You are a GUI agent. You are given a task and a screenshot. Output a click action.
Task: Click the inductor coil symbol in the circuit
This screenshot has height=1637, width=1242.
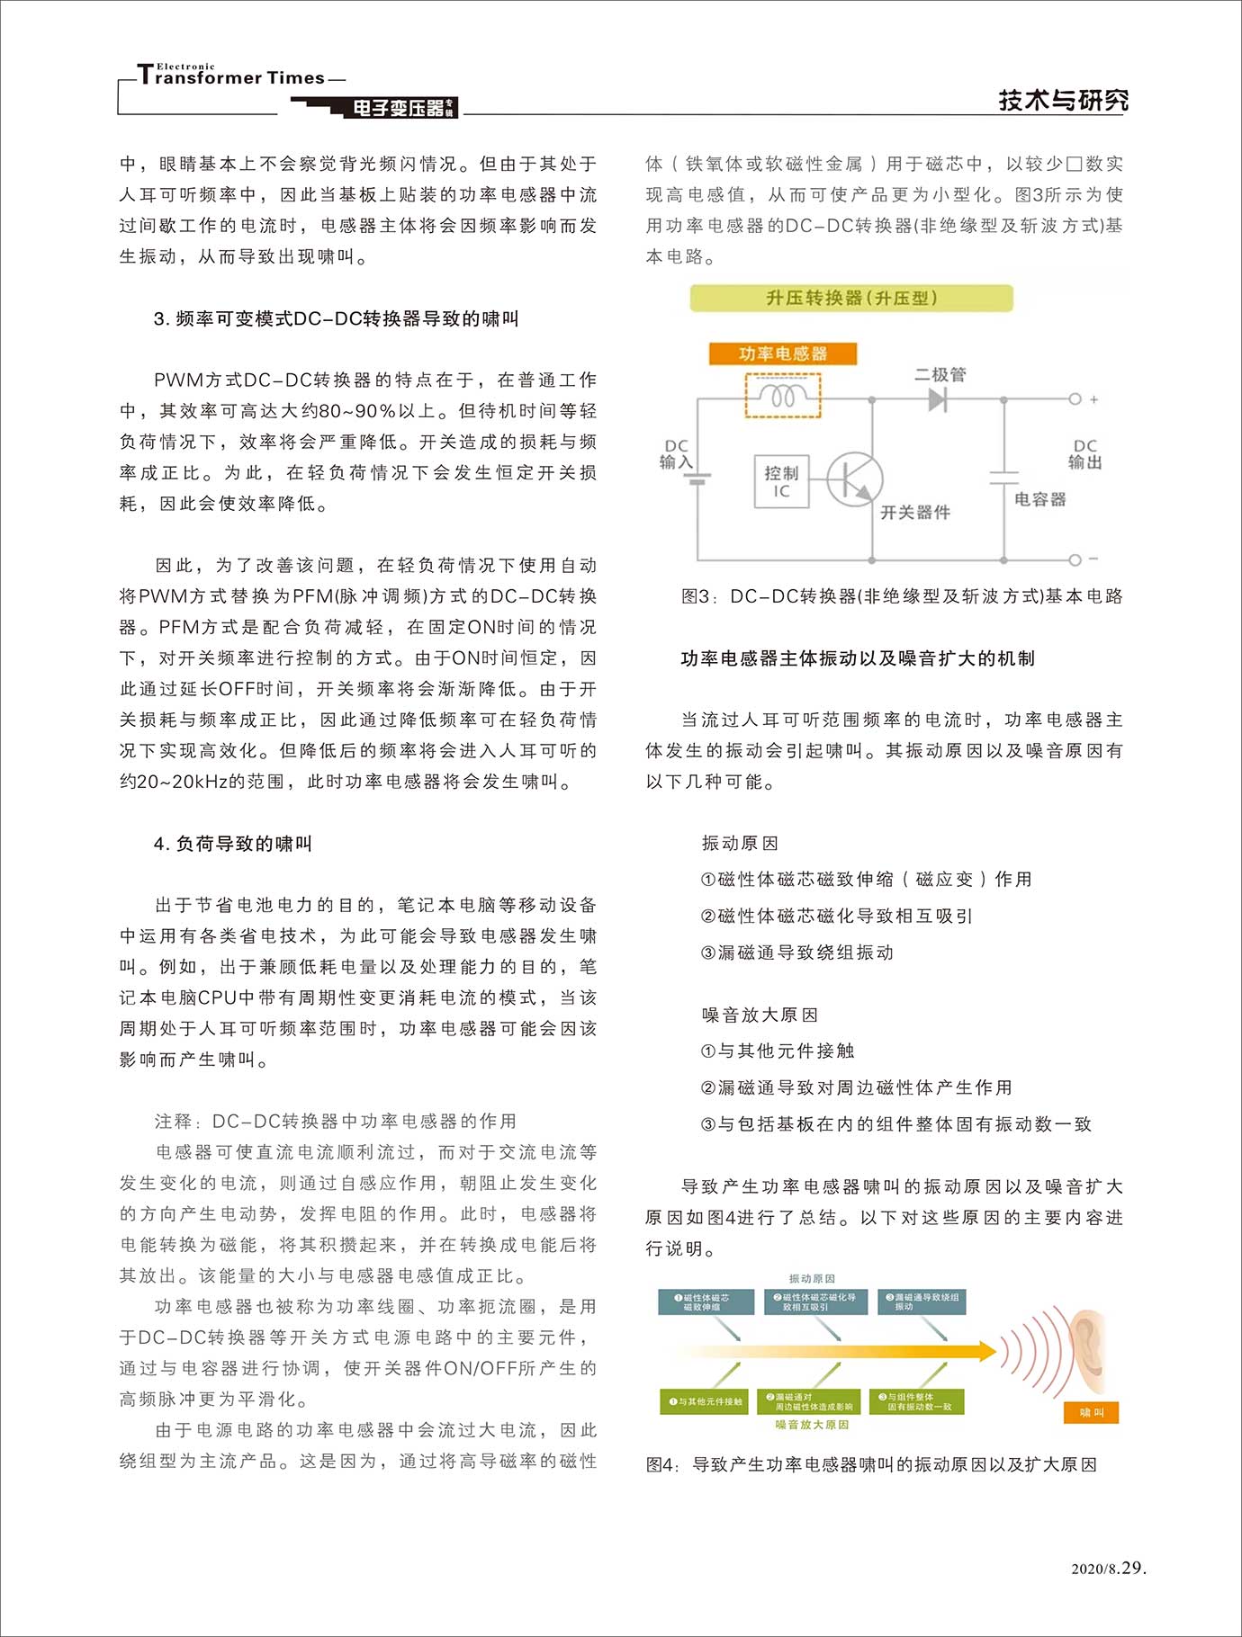783,396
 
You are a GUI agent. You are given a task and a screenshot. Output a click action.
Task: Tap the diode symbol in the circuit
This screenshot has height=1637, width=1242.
938,399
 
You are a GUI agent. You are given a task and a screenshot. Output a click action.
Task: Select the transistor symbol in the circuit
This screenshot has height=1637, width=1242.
854,479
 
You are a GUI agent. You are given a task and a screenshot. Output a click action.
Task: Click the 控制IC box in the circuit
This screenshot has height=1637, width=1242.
781,481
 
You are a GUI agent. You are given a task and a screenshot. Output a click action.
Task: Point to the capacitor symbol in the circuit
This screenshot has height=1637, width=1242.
1003,478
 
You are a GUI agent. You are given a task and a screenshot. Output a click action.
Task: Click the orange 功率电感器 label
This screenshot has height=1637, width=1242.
783,353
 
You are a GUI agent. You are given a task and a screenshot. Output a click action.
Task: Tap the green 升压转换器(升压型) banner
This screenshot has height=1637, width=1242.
851,298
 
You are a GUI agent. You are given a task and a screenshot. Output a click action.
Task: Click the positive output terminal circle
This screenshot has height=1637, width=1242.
1075,399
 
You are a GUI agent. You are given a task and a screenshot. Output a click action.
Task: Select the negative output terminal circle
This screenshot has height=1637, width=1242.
1075,559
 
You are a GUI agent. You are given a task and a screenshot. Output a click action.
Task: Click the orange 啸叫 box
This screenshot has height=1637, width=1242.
1091,1413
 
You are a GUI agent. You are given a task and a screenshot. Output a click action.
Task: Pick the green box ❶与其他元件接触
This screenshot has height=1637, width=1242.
706,1401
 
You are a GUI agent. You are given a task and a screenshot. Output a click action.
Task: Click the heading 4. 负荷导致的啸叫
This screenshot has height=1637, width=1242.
233,844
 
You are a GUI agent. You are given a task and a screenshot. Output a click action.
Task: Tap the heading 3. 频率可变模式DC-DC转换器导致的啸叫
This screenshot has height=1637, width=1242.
336,318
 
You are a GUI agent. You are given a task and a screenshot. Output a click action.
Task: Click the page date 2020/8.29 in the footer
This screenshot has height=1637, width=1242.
1109,1568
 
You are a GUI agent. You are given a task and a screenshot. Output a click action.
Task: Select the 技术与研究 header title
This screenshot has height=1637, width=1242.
1063,100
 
